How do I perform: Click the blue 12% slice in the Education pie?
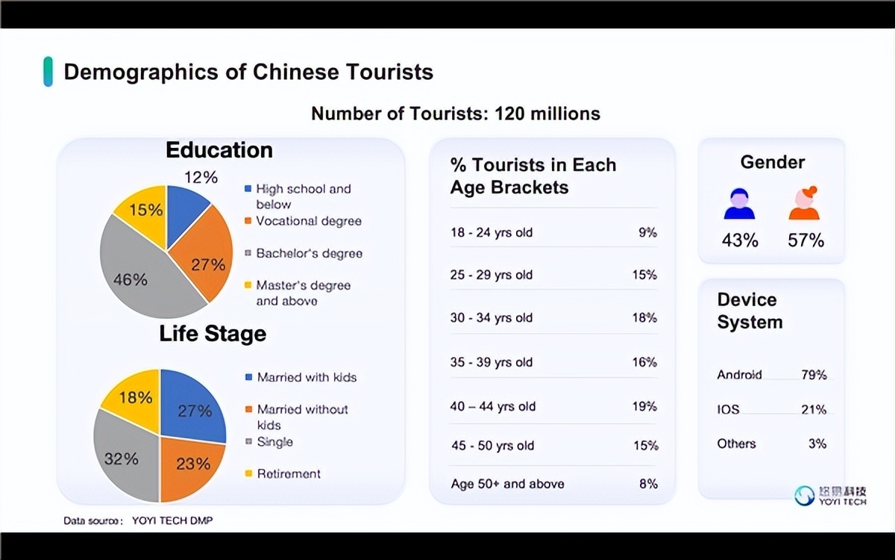[x=183, y=212]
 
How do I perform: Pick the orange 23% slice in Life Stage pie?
[x=189, y=466]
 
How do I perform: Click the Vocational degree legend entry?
[x=304, y=221]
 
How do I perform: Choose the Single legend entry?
[x=269, y=441]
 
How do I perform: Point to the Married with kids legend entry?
[x=301, y=377]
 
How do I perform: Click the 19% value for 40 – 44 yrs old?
[x=644, y=406]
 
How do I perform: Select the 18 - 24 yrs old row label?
[x=492, y=232]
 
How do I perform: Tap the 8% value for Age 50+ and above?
[x=648, y=484]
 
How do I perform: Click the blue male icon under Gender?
[x=739, y=204]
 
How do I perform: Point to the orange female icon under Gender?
[x=804, y=203]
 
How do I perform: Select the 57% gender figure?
[x=806, y=240]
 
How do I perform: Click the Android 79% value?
[x=814, y=375]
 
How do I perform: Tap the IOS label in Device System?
[x=728, y=409]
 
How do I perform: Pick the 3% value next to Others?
[x=817, y=444]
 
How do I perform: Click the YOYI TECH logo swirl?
[x=804, y=496]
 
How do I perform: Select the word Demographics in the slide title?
[x=141, y=72]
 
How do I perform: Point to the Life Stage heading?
[x=213, y=333]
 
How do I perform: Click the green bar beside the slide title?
[x=48, y=72]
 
